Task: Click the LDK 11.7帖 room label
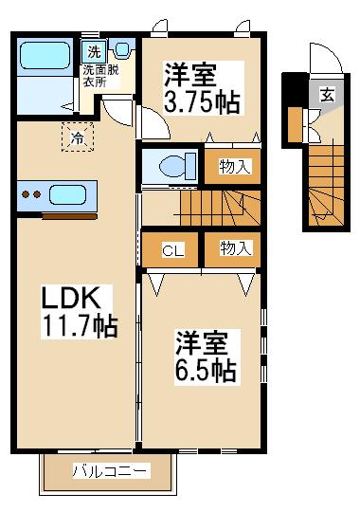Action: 80,312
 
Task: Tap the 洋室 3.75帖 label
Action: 203,87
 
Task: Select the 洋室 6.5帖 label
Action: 207,357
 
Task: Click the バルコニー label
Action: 111,471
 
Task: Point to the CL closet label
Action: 173,250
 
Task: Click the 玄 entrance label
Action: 328,95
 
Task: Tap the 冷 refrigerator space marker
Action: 78,137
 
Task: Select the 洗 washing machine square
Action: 94,51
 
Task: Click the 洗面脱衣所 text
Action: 100,76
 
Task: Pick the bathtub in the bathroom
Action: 45,56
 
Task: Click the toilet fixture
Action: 177,166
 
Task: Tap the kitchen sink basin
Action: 67,194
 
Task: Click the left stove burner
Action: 26,194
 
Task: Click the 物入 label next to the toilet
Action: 235,166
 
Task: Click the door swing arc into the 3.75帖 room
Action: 162,119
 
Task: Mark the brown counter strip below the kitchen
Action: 69,216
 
